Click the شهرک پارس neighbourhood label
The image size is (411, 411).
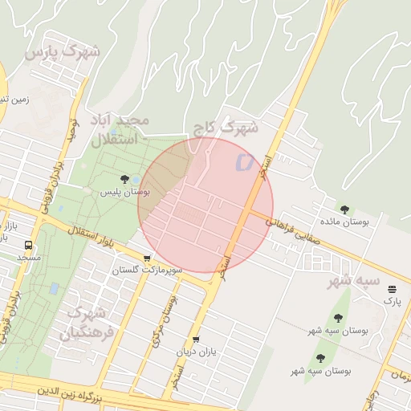tap(62, 53)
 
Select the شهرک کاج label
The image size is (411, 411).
tap(226, 127)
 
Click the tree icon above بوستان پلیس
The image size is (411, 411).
tap(124, 179)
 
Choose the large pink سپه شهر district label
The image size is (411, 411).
tap(353, 282)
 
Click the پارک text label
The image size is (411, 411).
tap(392, 301)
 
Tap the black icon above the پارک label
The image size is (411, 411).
tap(392, 289)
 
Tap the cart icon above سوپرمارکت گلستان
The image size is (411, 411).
tap(147, 258)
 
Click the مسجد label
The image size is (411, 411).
tap(29, 258)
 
